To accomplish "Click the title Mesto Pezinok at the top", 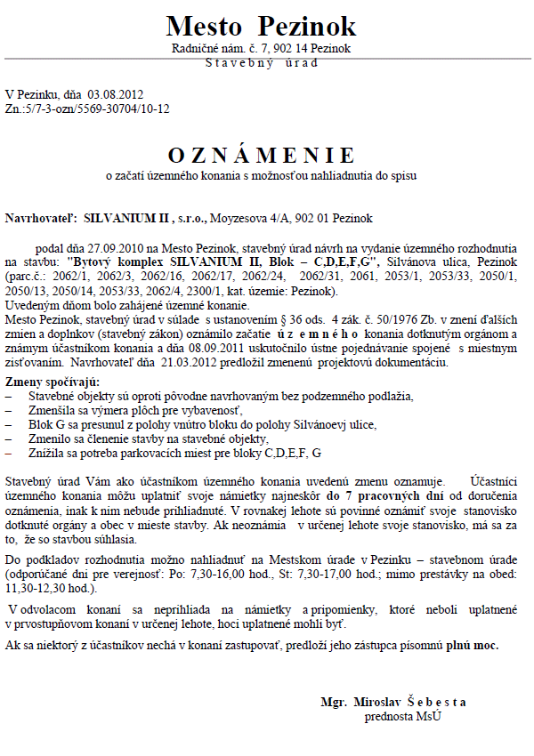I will click(x=261, y=26).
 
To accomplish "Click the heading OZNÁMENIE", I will click(x=261, y=155).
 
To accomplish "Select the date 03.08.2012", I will click(x=115, y=94).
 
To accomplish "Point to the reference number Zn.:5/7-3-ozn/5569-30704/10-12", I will click(x=87, y=109).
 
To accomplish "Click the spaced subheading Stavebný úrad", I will click(x=261, y=62).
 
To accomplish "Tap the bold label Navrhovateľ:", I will click(x=41, y=218).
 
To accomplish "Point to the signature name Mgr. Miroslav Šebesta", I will click(x=393, y=703).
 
